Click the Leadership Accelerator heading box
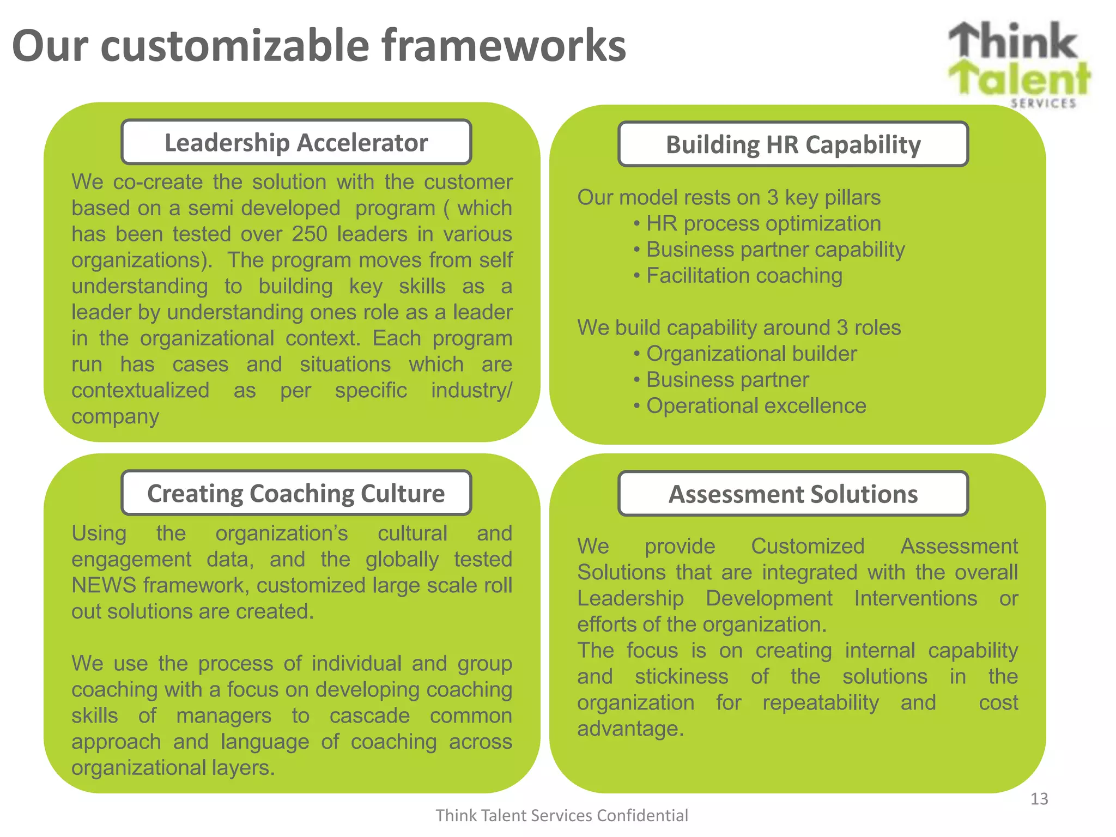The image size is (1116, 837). tap(296, 143)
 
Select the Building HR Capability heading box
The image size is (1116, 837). tap(793, 145)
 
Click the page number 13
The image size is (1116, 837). tap(1039, 799)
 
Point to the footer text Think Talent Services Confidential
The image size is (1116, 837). tap(561, 816)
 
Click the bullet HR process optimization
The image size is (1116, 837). tap(763, 224)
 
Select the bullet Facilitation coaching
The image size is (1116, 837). tap(744, 276)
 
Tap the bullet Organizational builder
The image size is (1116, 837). tap(751, 354)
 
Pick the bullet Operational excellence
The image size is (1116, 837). tap(756, 407)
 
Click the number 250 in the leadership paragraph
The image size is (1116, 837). tap(309, 234)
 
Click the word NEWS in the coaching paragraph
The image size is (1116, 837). tap(104, 586)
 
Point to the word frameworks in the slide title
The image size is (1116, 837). tap(504, 46)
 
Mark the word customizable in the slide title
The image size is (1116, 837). tap(235, 46)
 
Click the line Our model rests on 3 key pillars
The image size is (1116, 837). tap(729, 198)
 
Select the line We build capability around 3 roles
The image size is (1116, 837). tap(738, 328)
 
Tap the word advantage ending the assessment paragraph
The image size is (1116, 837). tap(629, 729)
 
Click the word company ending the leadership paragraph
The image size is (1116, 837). tap(115, 417)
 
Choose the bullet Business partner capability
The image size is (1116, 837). tap(775, 250)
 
